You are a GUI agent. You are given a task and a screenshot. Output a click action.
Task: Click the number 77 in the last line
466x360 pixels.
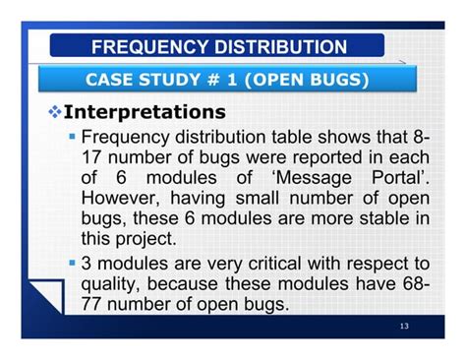[x=94, y=304]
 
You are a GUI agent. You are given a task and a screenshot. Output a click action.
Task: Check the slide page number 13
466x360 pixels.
[x=405, y=327]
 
